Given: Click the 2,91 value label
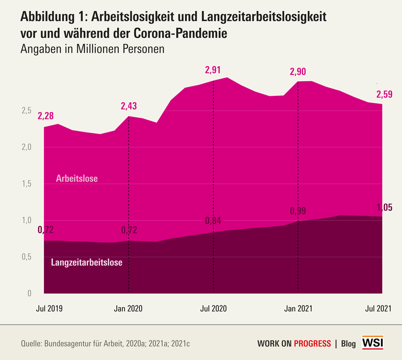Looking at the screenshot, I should point(213,69).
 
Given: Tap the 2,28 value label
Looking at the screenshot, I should point(46,115).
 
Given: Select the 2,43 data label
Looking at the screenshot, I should point(129,106).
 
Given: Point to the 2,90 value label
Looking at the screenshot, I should point(298,71).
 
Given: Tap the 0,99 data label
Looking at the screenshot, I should point(298,211).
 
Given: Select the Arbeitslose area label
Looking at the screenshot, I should point(77,179).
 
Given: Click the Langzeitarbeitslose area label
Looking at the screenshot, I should point(87,263).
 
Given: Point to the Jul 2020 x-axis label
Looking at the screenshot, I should point(213,309).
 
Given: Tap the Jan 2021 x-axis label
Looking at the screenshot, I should point(298,309).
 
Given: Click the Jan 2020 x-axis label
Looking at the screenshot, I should point(128,309).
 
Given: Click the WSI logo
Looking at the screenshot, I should point(373,343).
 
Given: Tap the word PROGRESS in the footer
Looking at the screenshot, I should point(312,344).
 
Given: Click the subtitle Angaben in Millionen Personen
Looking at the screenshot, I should point(93,50).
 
